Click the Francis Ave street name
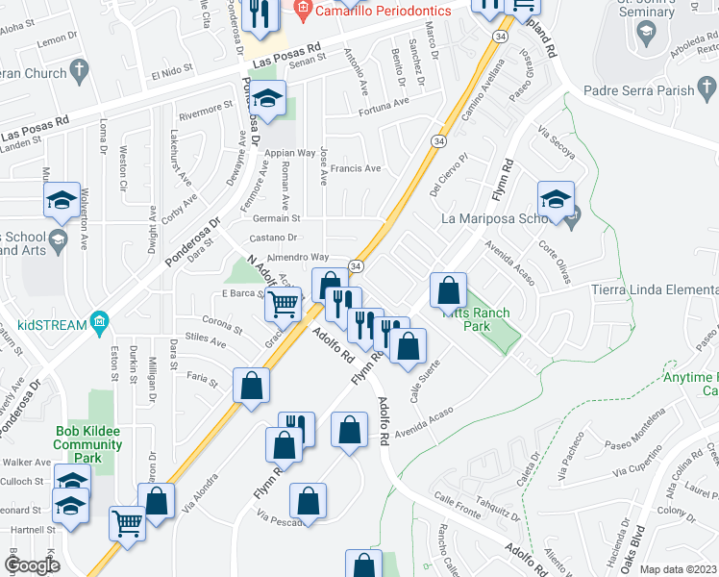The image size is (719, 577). pyautogui.click(x=356, y=168)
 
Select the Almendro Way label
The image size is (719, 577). pyautogui.click(x=298, y=258)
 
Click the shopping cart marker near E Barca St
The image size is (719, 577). pyautogui.click(x=282, y=305)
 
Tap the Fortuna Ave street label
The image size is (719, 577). pyautogui.click(x=385, y=103)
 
